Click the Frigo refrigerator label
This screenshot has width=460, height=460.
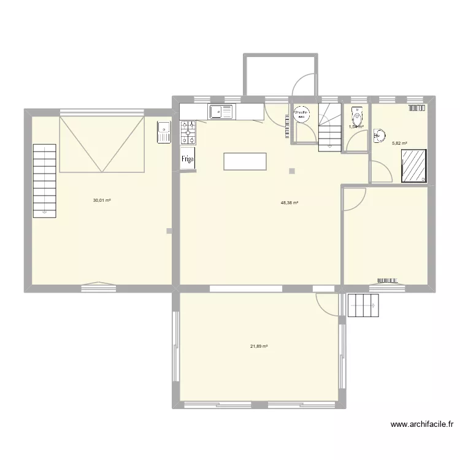tap(188, 158)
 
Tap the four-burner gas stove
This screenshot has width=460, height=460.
tap(188, 132)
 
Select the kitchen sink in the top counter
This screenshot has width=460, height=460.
tap(221, 112)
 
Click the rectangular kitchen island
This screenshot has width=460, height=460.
tap(245, 161)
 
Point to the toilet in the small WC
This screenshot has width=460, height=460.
tap(356, 115)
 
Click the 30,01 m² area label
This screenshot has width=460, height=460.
tap(101, 200)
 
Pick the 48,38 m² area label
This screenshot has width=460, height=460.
tap(289, 202)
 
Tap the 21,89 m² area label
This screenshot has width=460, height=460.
tap(258, 347)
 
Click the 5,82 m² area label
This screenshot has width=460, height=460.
tap(399, 144)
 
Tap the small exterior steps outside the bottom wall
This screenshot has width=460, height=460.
tap(364, 305)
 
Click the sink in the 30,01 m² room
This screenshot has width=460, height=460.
tap(164, 131)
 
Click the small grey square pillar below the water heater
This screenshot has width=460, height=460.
tap(292, 171)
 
